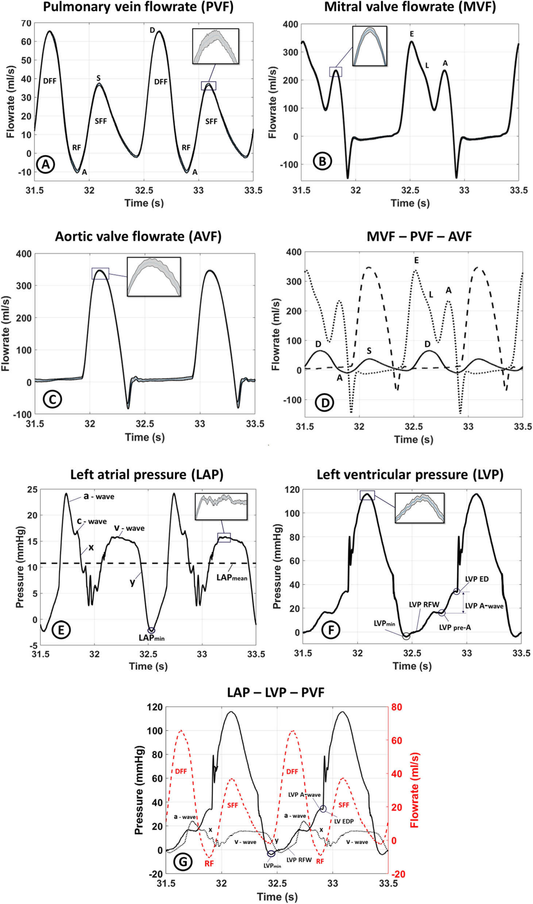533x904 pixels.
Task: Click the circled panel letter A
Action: [x=45, y=164]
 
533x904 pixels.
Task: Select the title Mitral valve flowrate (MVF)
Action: [x=410, y=7]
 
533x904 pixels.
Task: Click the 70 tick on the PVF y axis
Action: [x=26, y=23]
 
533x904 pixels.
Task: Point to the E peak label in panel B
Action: [x=412, y=34]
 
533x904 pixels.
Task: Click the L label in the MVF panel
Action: [x=427, y=66]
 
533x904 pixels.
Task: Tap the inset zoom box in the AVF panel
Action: [x=154, y=276]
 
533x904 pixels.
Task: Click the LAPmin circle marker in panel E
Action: [x=151, y=630]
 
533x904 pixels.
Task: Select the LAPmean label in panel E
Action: [x=232, y=578]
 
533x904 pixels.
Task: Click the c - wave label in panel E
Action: [x=92, y=521]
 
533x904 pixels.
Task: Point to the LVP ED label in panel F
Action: [x=476, y=579]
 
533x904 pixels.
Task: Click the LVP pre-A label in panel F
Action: [x=455, y=627]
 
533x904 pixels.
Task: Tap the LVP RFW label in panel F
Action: [x=424, y=604]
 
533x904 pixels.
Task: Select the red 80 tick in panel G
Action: [x=397, y=707]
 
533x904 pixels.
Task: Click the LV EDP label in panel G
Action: [x=344, y=821]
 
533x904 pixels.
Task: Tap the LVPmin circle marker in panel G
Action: [x=271, y=854]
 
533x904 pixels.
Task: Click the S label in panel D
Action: [x=369, y=351]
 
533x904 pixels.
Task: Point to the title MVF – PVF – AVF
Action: [x=419, y=236]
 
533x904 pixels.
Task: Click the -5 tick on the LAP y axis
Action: [x=33, y=646]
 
